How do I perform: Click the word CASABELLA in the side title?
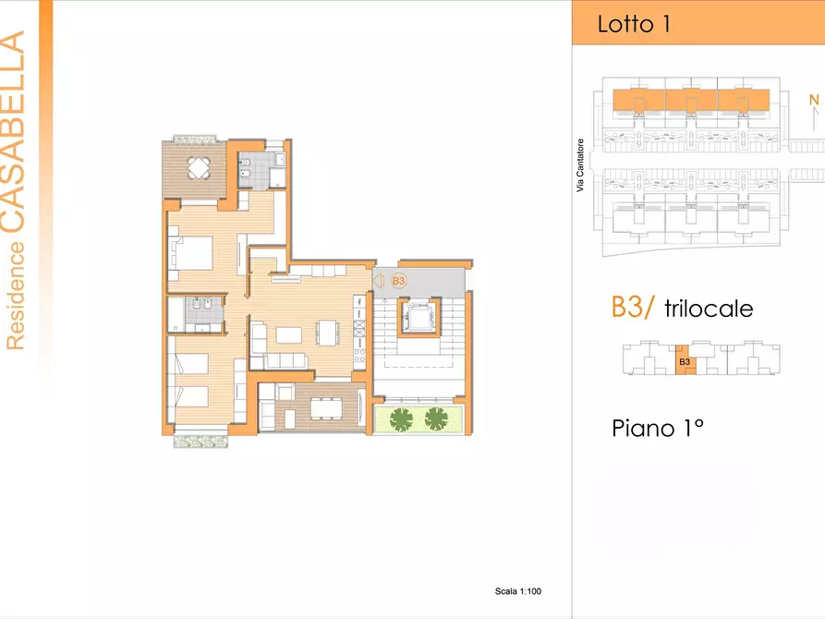[x=13, y=131]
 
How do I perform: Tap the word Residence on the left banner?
[x=16, y=296]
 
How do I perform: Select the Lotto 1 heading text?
[x=634, y=24]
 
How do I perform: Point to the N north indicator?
[x=814, y=99]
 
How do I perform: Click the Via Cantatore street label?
[x=580, y=165]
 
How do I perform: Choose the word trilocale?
[x=709, y=309]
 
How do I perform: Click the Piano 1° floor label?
[x=658, y=429]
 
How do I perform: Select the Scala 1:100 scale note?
[x=517, y=591]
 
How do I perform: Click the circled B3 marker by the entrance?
[x=399, y=281]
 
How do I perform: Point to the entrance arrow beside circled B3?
[x=378, y=281]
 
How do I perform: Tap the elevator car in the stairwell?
[x=419, y=316]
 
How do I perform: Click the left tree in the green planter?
[x=402, y=419]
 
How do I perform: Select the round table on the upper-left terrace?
[x=199, y=168]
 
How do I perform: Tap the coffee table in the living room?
[x=289, y=335]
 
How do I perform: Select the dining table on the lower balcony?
[x=326, y=408]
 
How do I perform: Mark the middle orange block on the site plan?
[x=691, y=100]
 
